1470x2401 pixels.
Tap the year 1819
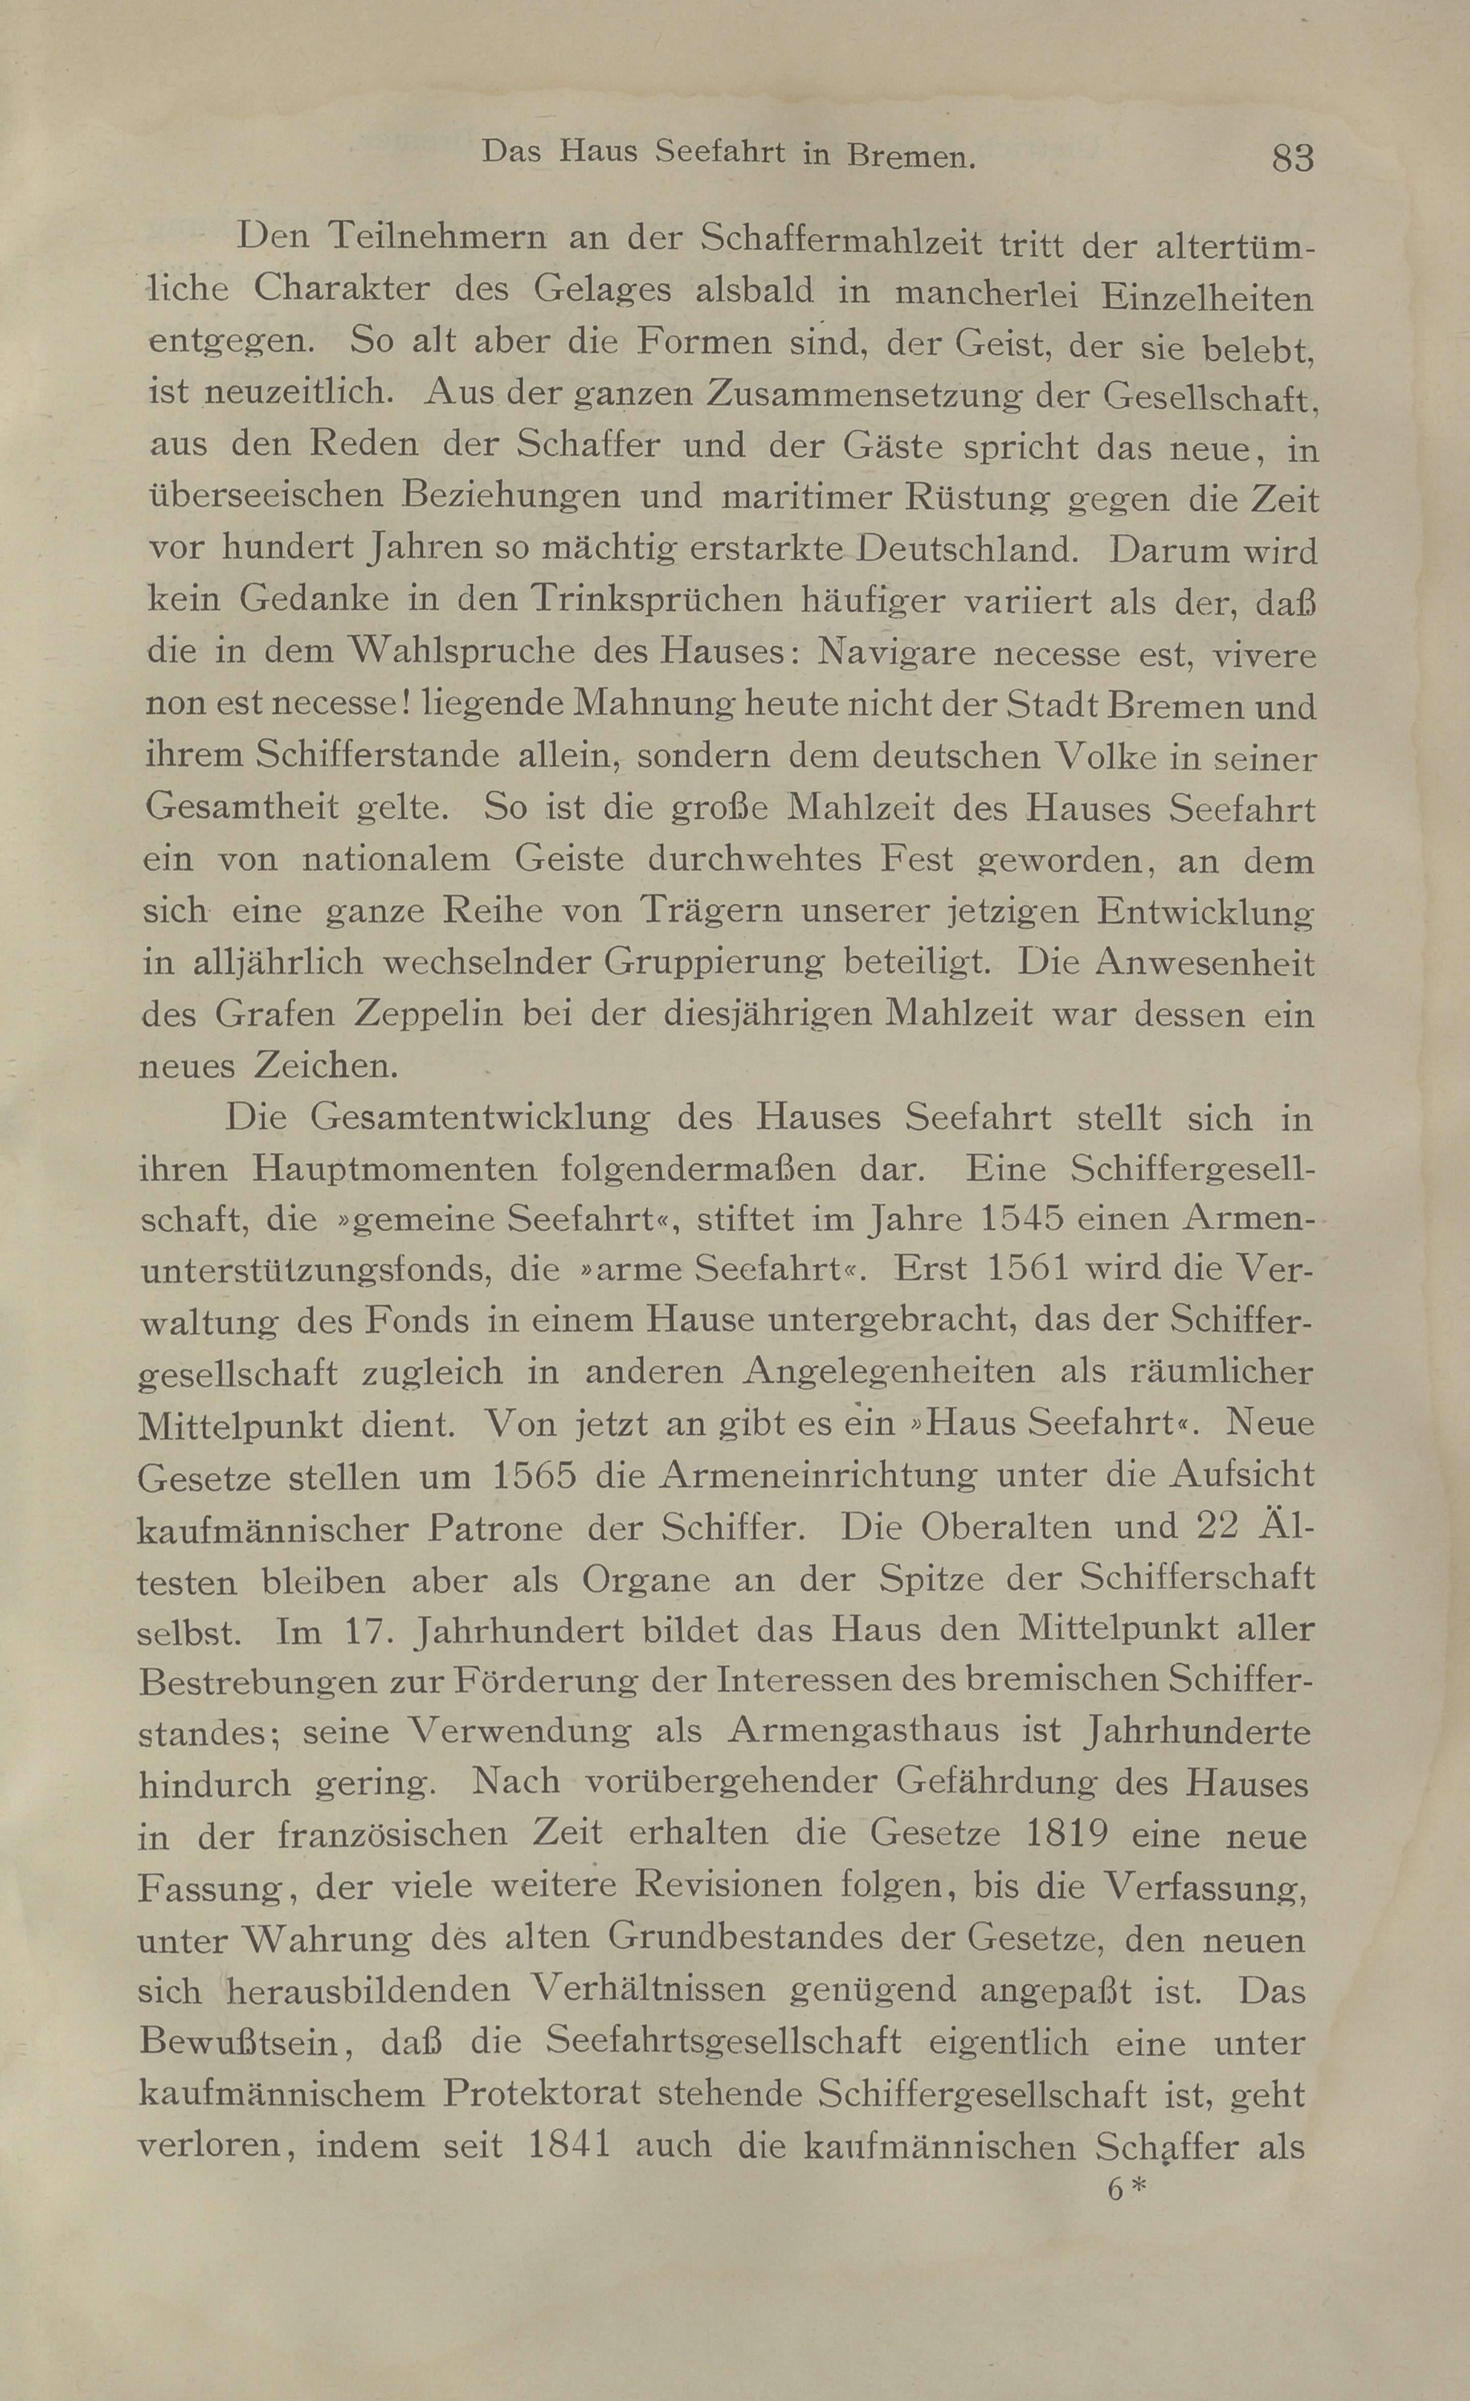[x=1068, y=1835]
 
